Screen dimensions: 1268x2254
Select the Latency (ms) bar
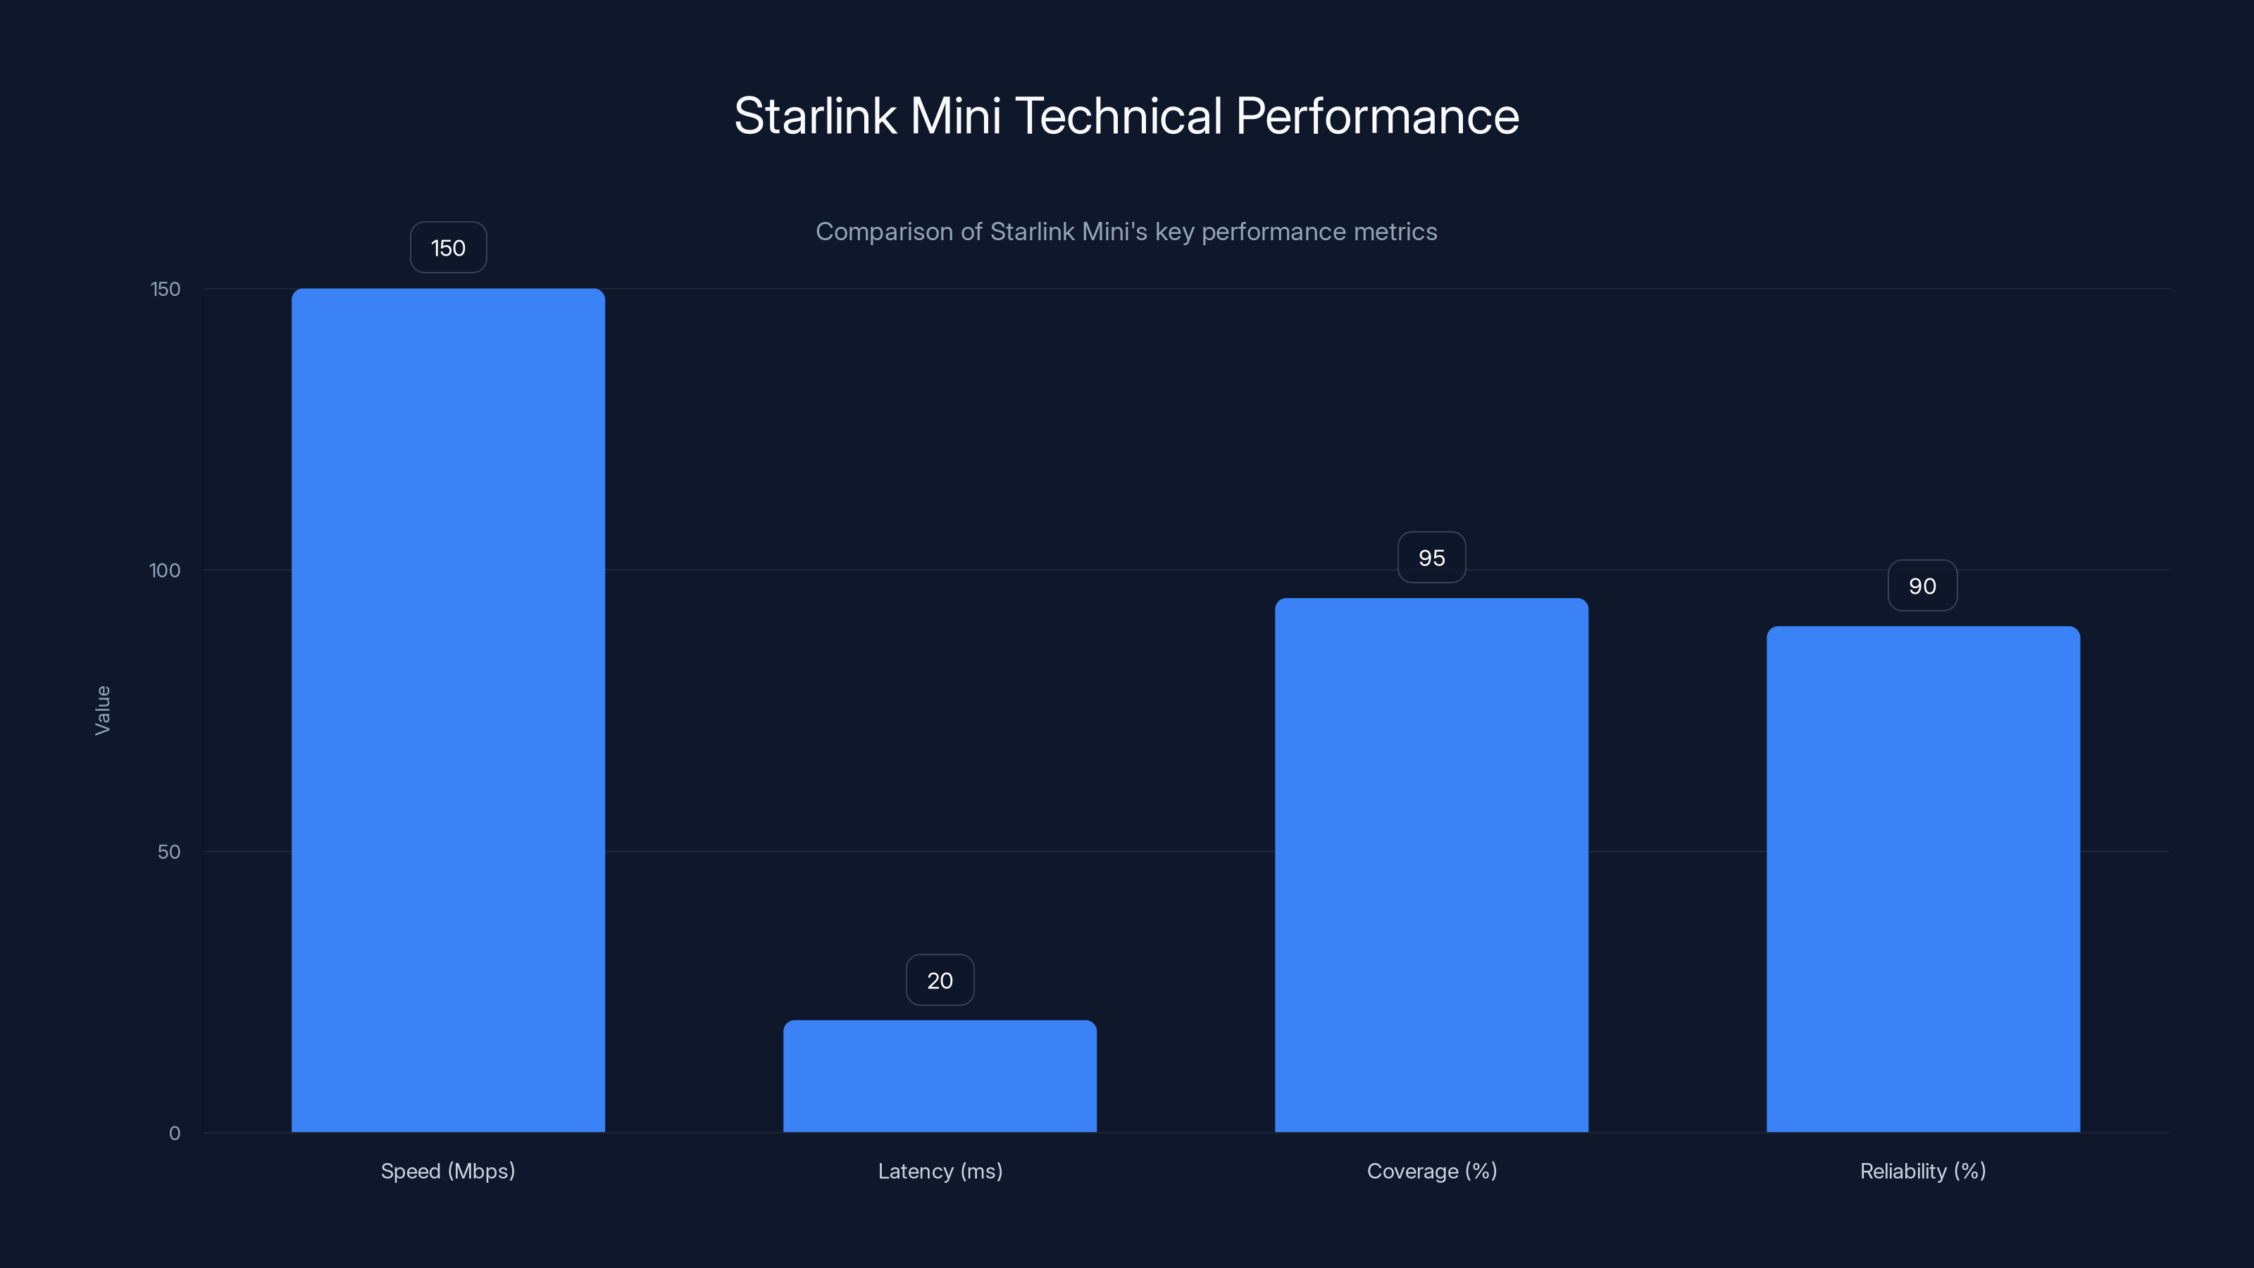tap(940, 1076)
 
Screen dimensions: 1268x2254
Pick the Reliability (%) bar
tap(1922, 878)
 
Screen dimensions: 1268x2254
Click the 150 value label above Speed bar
tap(448, 248)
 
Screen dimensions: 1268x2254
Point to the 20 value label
tap(940, 980)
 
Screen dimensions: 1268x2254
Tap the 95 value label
tap(1431, 557)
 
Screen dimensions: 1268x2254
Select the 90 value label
tap(1922, 585)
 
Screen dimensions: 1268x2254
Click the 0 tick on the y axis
tap(174, 1133)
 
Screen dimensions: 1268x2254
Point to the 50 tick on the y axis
tap(169, 852)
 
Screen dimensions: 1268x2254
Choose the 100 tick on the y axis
tap(165, 571)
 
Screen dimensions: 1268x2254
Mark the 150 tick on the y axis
tap(166, 289)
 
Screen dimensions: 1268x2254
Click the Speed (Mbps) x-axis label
tap(448, 1171)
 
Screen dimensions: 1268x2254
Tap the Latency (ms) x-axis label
tap(940, 1171)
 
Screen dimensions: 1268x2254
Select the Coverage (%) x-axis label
tap(1431, 1171)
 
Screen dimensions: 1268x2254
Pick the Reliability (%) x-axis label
tap(1922, 1171)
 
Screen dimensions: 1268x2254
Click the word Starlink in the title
tap(815, 116)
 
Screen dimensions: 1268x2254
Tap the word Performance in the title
tap(1377, 116)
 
